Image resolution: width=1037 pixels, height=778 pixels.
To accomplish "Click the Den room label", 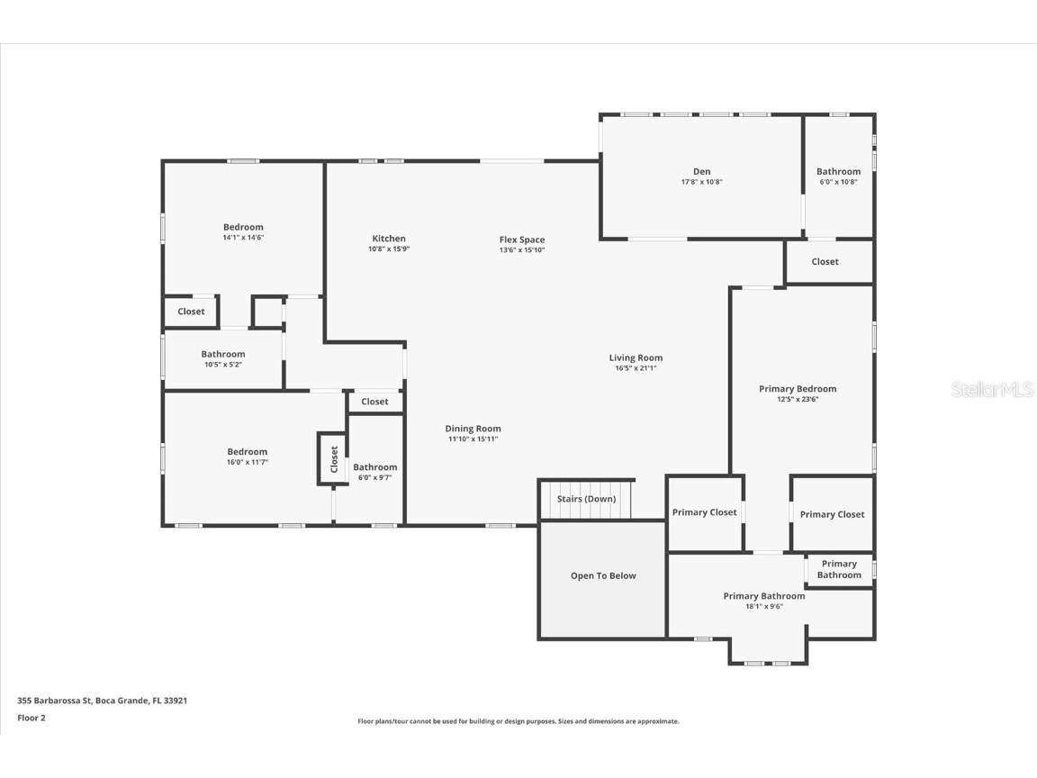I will pyautogui.click(x=701, y=171).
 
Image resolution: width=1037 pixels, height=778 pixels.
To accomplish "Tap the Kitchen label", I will pyautogui.click(x=389, y=239).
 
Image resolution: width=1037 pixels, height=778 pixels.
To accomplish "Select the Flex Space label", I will pyautogui.click(x=522, y=240).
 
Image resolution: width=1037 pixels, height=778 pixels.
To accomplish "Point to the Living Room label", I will pyautogui.click(x=636, y=357).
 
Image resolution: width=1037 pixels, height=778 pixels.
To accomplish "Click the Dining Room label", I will pyautogui.click(x=473, y=429).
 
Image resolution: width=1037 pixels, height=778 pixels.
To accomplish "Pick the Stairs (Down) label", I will pyautogui.click(x=586, y=499).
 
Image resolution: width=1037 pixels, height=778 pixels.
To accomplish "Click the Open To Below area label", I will pyautogui.click(x=603, y=576).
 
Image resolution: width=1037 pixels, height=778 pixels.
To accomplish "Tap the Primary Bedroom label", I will pyautogui.click(x=798, y=389).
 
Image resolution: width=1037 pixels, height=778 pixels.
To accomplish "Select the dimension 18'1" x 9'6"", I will pyautogui.click(x=764, y=606).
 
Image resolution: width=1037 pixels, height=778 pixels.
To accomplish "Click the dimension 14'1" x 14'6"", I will pyautogui.click(x=243, y=238).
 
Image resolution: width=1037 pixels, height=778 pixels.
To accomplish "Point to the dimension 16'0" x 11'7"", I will pyautogui.click(x=247, y=462).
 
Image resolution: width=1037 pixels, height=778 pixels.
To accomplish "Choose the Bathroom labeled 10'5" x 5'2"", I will pyautogui.click(x=222, y=355).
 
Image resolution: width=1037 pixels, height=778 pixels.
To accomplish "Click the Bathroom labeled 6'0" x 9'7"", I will pyautogui.click(x=374, y=467).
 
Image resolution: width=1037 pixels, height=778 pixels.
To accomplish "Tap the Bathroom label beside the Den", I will pyautogui.click(x=838, y=171).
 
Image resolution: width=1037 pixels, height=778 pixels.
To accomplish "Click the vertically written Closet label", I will pyautogui.click(x=334, y=459).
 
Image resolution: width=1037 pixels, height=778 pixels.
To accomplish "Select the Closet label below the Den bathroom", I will pyautogui.click(x=825, y=262).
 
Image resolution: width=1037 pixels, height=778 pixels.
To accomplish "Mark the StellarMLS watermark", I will pyautogui.click(x=991, y=390).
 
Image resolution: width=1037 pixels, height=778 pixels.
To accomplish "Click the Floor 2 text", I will pyautogui.click(x=31, y=718).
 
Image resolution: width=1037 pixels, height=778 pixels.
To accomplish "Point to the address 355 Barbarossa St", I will pyautogui.click(x=102, y=700).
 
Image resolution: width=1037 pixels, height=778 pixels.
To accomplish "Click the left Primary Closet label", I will pyautogui.click(x=704, y=512).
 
